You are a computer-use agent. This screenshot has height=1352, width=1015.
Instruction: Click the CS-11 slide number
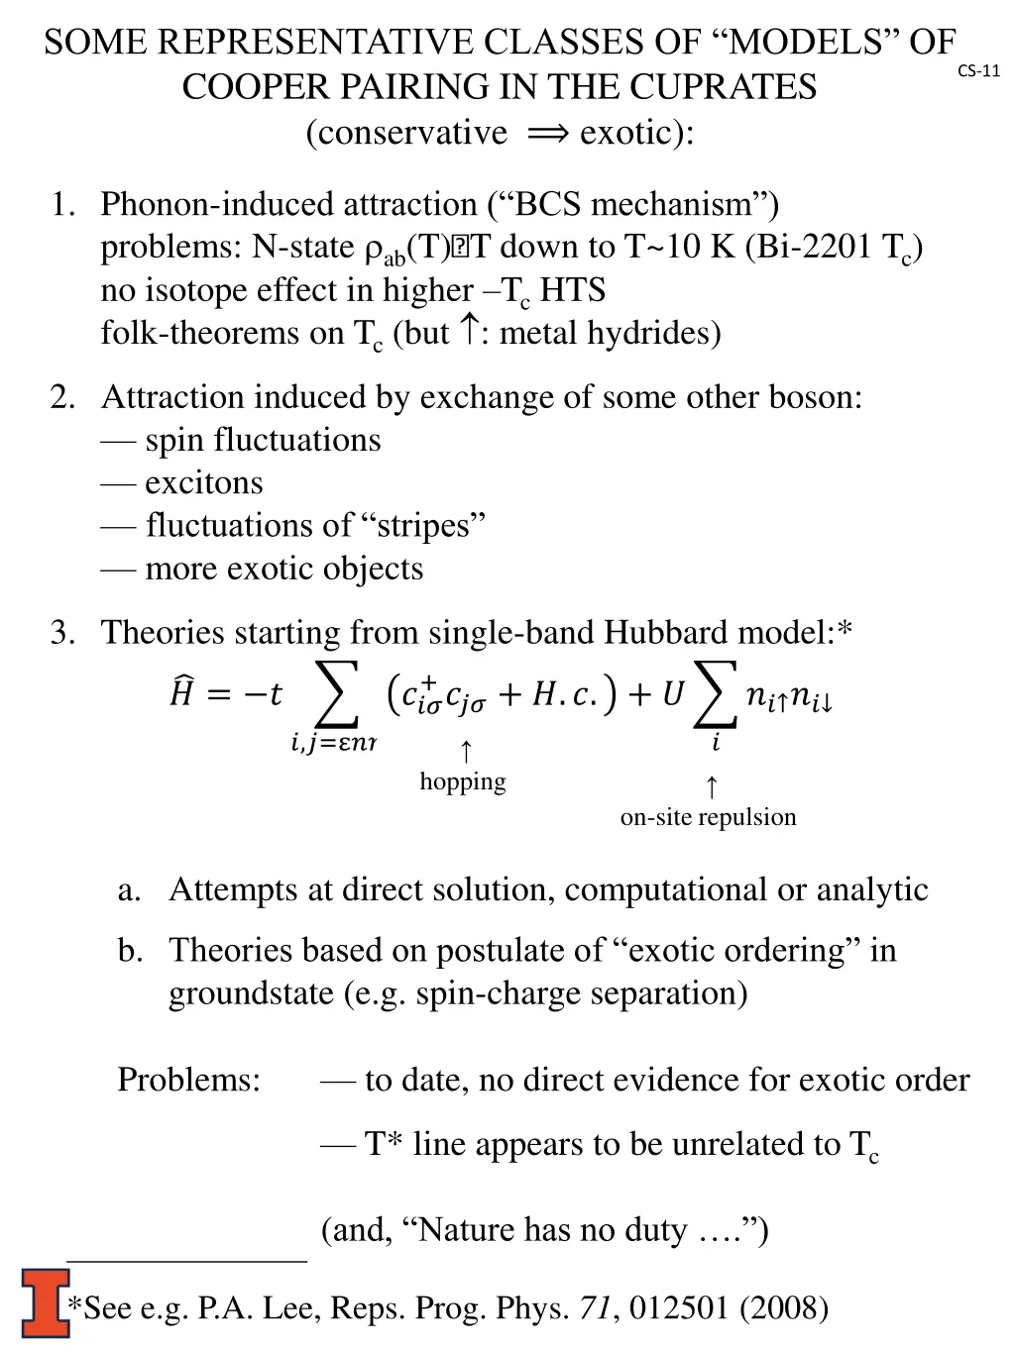click(x=978, y=70)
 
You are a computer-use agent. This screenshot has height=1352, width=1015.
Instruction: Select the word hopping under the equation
click(x=462, y=781)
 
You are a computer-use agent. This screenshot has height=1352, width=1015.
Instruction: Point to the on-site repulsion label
click(x=708, y=817)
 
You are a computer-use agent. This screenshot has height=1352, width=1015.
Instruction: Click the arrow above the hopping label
click(x=465, y=751)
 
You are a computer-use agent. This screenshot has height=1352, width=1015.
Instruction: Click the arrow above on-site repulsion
click(x=711, y=787)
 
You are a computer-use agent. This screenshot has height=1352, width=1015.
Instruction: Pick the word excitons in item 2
click(x=204, y=482)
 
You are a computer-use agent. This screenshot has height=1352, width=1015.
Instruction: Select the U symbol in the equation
click(x=673, y=694)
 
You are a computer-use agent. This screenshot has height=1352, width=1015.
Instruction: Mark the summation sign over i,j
click(x=335, y=694)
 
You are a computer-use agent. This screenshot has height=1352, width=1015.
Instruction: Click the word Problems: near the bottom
click(x=188, y=1079)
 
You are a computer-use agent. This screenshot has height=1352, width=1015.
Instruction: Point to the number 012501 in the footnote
click(x=679, y=1307)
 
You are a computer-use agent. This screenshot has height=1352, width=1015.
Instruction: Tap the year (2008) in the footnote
click(x=784, y=1307)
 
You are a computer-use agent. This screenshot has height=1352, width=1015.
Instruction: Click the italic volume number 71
click(x=595, y=1307)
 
